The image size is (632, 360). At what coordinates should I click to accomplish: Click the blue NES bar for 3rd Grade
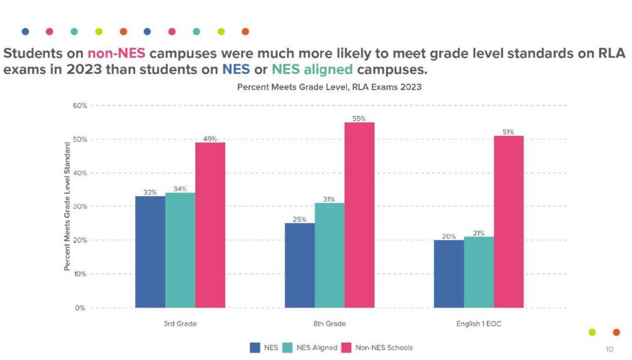tap(150, 251)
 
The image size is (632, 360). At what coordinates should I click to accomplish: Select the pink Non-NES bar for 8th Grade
tap(359, 214)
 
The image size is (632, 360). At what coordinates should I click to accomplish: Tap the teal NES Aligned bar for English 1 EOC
tap(478, 272)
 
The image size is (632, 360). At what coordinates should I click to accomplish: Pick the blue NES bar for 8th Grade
tap(299, 265)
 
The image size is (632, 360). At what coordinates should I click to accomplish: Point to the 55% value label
tap(359, 118)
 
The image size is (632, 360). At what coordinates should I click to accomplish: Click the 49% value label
tap(210, 138)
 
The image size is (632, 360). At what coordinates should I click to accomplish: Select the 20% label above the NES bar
tap(449, 235)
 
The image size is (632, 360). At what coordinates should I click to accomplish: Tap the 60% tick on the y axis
tap(79, 106)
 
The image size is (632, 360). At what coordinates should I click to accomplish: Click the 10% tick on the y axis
tap(79, 274)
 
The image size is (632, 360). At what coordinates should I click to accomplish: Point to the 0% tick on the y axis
tap(80, 308)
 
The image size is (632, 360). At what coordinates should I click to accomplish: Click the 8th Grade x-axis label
tap(330, 324)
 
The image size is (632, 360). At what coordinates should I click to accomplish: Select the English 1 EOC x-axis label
tap(478, 324)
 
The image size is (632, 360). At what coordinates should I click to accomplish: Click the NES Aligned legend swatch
tap(288, 348)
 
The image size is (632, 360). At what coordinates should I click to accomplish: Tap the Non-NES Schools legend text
tap(384, 348)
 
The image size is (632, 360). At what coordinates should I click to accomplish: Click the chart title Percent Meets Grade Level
tap(329, 87)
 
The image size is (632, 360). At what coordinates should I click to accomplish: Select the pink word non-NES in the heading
tap(116, 53)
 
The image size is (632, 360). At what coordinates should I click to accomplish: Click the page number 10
tap(609, 349)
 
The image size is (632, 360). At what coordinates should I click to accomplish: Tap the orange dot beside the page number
tap(616, 332)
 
